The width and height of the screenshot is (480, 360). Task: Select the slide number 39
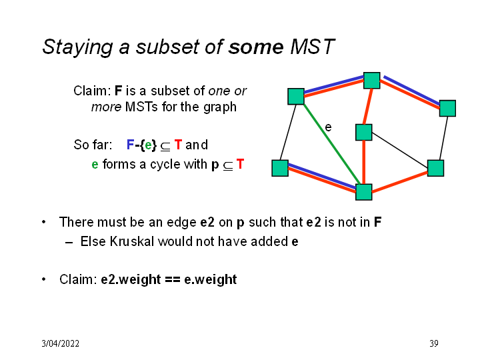coord(433,343)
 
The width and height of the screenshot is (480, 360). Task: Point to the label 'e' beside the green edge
coord(328,126)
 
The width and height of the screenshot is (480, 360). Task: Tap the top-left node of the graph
coord(296,96)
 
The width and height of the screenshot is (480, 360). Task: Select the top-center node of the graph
coord(371,81)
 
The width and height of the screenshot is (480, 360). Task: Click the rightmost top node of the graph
coord(447,108)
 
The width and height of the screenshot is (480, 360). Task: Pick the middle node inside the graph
coord(363,132)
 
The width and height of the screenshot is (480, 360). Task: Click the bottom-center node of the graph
coord(363,192)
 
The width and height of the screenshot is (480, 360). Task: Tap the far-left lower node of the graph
coord(280,168)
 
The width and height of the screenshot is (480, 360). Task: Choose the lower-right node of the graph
coord(435,168)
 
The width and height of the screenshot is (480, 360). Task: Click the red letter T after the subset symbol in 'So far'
coord(178,145)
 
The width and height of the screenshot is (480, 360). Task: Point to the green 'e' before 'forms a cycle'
coord(95,164)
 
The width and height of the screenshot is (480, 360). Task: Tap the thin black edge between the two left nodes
coord(288,132)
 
